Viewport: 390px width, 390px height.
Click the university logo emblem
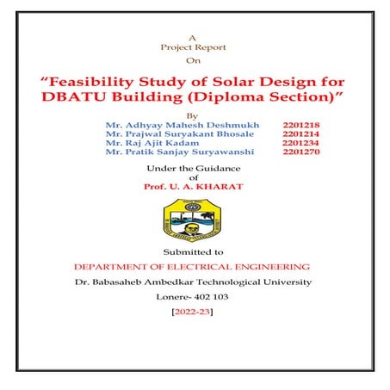(x=193, y=220)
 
